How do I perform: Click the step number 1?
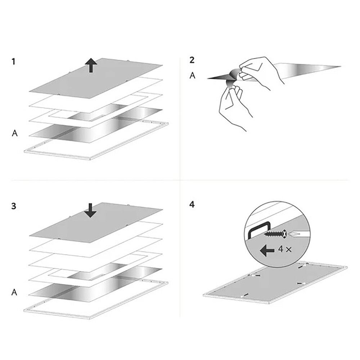13,62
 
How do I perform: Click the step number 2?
192,60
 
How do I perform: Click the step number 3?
14,206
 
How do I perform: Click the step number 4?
192,204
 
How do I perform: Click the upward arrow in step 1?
91,65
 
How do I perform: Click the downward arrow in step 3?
90,210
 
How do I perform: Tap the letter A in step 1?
15,133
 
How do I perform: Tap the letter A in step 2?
192,75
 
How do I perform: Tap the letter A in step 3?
14,292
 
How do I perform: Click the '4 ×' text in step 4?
285,249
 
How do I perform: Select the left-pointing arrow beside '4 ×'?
267,250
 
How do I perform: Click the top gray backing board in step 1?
96,78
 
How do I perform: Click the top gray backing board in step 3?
96,223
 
